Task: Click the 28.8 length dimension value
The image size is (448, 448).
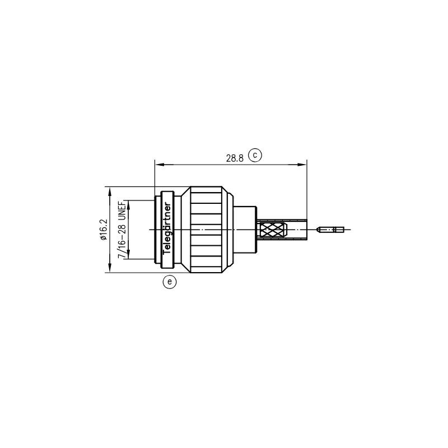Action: [x=235, y=158]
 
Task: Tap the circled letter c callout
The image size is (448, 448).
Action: [x=255, y=155]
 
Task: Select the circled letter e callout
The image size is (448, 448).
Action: [x=170, y=282]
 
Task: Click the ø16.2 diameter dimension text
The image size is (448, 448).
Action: [x=104, y=230]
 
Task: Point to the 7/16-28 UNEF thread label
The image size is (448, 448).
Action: [x=122, y=229]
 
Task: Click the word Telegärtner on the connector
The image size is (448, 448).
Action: [x=167, y=228]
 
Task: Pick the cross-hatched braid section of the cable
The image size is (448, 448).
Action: [x=273, y=230]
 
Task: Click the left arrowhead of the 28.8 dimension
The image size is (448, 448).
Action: [x=159, y=165]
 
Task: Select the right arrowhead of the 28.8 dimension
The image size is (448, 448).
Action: [x=302, y=165]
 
